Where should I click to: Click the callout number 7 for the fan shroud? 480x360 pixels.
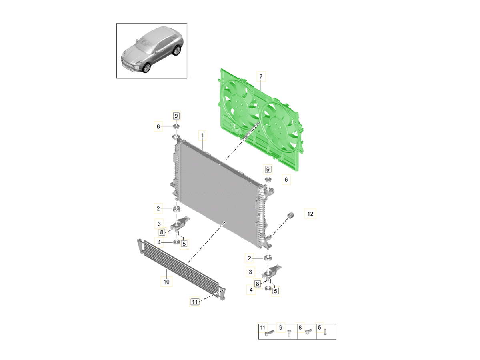(x=261, y=76)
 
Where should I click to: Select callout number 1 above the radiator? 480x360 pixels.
(x=202, y=136)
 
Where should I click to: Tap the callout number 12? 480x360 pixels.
(x=310, y=214)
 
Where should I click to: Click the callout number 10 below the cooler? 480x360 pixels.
(x=166, y=282)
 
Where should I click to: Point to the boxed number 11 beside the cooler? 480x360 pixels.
(x=194, y=302)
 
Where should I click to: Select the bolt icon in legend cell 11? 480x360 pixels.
(x=269, y=333)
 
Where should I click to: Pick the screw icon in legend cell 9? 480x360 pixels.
(x=289, y=333)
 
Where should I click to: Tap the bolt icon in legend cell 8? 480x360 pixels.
(x=308, y=332)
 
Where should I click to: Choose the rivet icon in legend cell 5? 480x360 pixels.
(x=325, y=332)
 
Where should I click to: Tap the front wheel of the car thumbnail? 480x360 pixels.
(x=146, y=68)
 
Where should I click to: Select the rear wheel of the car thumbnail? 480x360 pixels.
(x=177, y=50)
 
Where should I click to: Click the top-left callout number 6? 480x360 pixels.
(x=158, y=126)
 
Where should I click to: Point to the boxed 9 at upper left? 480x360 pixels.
(x=176, y=116)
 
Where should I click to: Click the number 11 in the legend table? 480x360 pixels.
(x=262, y=328)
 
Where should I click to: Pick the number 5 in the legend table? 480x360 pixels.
(x=320, y=328)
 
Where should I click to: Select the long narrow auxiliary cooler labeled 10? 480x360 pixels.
(x=181, y=269)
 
